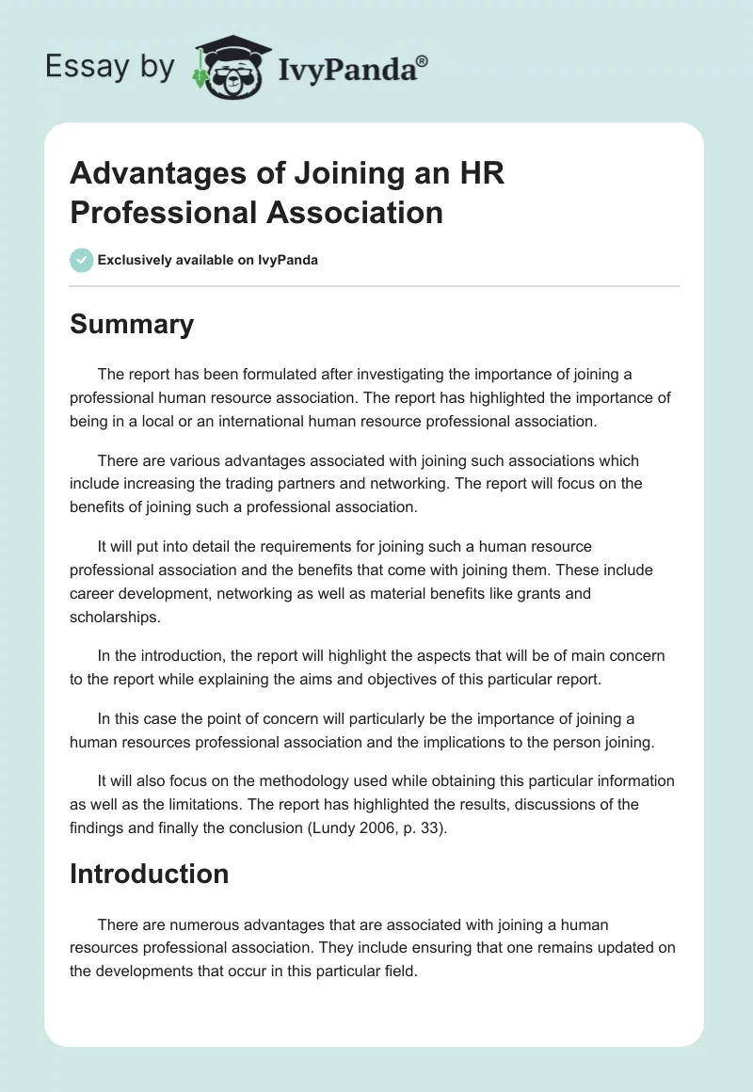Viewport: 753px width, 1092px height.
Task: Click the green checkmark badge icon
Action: tap(82, 260)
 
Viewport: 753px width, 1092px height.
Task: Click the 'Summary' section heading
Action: tap(132, 324)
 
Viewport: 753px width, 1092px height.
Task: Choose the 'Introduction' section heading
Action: tap(149, 874)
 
